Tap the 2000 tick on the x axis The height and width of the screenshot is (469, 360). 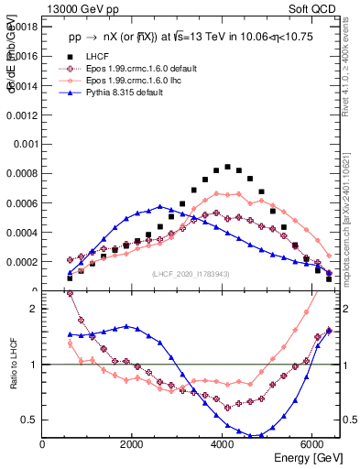click(132, 444)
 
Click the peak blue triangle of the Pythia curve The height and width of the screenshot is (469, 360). click(159, 206)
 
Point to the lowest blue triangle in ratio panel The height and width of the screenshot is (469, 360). click(261, 436)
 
